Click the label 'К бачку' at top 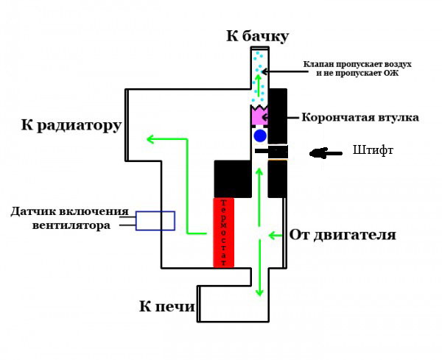click(257, 36)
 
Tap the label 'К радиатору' click(71, 125)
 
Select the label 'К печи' click(166, 306)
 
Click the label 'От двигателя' click(343, 236)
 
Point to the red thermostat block click(223, 232)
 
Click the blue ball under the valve click(259, 136)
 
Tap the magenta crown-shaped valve click(259, 115)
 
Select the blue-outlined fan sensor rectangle click(155, 221)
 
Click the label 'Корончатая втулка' click(360, 117)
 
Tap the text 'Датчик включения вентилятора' click(69, 218)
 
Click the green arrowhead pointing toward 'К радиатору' click(150, 138)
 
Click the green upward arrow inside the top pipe click(259, 80)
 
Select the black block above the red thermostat click(233, 178)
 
